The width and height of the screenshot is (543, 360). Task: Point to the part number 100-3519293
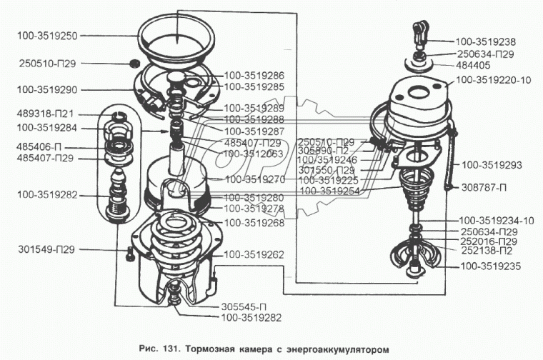[x=493, y=164]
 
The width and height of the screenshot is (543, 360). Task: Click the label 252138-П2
[x=488, y=251]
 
